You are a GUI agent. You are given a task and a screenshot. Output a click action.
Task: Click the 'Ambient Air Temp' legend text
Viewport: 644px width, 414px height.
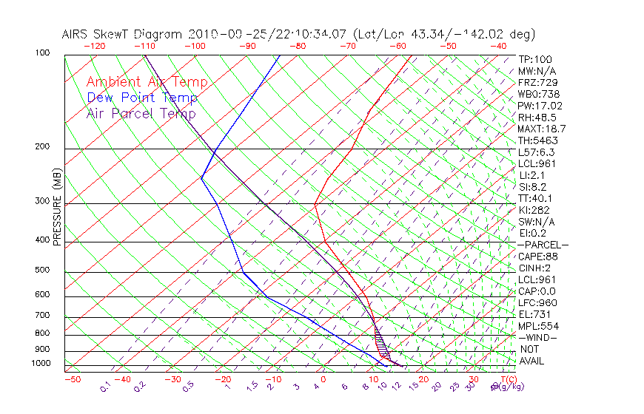pos(147,82)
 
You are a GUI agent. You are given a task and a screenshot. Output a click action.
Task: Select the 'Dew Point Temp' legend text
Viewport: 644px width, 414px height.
pos(142,98)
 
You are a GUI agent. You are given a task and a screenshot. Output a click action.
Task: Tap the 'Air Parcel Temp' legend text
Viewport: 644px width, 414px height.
pos(141,113)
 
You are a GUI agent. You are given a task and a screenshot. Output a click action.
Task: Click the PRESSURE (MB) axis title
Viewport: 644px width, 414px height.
pos(57,207)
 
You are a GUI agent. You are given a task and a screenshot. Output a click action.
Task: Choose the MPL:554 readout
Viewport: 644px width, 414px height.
pos(538,326)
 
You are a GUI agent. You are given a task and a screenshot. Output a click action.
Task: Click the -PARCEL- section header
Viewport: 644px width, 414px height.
pos(543,245)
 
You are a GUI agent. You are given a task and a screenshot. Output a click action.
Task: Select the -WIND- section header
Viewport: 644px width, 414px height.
pos(537,337)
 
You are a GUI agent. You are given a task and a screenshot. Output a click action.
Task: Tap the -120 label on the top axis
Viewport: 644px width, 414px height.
pos(95,46)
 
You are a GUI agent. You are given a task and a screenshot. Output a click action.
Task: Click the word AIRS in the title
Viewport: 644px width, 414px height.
pos(77,34)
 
